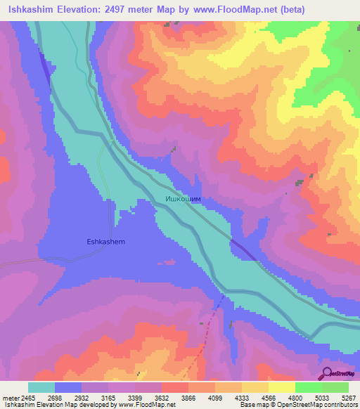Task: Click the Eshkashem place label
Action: (105, 242)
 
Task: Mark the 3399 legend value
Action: (135, 398)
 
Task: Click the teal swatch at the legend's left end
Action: (41, 387)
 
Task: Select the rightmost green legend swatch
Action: (335, 387)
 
